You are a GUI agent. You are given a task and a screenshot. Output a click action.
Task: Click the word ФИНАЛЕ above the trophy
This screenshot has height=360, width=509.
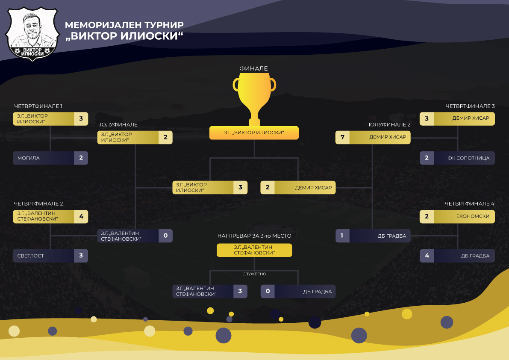(x=254, y=68)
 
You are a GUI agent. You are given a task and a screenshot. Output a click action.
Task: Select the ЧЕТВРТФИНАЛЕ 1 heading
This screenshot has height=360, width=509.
(x=38, y=106)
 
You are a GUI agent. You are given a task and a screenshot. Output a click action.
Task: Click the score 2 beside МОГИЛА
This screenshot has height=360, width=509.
(x=81, y=158)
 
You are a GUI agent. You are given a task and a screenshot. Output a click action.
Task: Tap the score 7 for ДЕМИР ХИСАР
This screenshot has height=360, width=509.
(x=342, y=137)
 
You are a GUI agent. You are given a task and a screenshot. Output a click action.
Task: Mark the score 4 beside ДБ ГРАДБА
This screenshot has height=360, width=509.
(x=427, y=256)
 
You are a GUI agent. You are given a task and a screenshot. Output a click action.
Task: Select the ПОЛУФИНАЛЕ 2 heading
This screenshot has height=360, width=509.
(x=388, y=125)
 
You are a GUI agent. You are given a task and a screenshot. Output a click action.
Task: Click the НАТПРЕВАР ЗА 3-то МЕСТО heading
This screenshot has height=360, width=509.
(x=254, y=236)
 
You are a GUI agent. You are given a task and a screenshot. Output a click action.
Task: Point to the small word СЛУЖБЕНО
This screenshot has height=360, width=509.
(x=254, y=274)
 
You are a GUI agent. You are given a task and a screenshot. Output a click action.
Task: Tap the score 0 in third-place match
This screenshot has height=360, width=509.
(x=268, y=292)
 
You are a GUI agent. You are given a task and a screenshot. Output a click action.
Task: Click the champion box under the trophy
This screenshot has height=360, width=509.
(x=254, y=133)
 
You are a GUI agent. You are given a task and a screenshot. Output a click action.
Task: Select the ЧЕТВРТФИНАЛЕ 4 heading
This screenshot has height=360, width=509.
(x=470, y=204)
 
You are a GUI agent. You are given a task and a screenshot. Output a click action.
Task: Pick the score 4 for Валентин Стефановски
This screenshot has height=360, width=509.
(x=81, y=216)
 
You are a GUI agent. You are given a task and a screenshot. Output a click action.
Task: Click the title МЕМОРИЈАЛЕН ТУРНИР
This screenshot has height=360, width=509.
(x=124, y=25)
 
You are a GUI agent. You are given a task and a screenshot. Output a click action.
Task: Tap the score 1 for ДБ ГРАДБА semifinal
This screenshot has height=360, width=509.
(x=342, y=236)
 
